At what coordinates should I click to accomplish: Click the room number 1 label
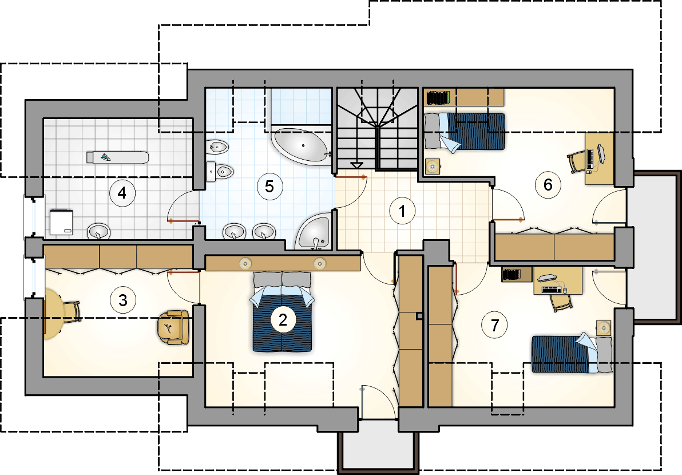pos(402,211)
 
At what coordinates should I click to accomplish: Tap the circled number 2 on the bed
pos(283,320)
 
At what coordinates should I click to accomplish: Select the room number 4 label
pos(122,193)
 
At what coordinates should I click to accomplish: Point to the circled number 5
pos(269,187)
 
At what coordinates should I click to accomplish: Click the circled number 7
pos(494,325)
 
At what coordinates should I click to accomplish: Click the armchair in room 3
pos(173,327)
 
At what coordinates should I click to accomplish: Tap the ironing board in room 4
pos(117,157)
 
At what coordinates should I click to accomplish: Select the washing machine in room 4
pos(61,222)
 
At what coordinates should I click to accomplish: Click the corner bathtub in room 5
pos(302,146)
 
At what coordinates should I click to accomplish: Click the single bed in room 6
pos(465,132)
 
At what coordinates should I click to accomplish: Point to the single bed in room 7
pos(572,353)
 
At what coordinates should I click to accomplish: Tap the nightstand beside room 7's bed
pos(603,327)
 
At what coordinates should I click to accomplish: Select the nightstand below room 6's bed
pos(433,166)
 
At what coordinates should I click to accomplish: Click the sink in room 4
pos(99,231)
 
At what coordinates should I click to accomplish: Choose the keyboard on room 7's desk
pos(551,289)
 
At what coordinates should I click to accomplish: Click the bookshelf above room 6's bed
pos(438,97)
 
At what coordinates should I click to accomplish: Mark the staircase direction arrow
pos(356,165)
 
